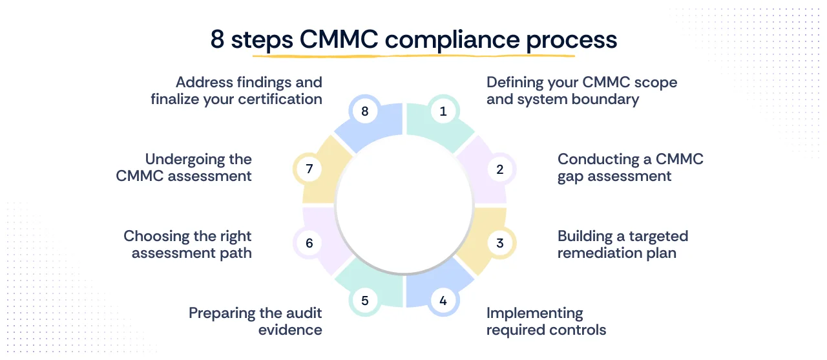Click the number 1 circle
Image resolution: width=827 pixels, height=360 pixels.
443,111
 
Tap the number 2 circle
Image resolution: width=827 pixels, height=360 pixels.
499,169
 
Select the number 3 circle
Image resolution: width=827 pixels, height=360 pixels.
499,243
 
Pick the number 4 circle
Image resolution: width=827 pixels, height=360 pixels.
443,301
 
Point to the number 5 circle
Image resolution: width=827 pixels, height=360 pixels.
365,301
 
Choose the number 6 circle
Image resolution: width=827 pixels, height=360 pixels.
309,243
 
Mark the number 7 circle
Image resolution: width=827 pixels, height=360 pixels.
309,169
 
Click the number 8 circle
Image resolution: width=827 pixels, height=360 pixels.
365,111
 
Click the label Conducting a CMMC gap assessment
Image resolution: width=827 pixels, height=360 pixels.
630,167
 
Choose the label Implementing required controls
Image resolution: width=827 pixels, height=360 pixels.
546,321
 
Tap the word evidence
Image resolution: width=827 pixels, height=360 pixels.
290,330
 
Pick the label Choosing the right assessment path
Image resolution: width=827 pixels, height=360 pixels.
187,244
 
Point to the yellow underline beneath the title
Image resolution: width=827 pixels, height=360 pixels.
413,55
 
